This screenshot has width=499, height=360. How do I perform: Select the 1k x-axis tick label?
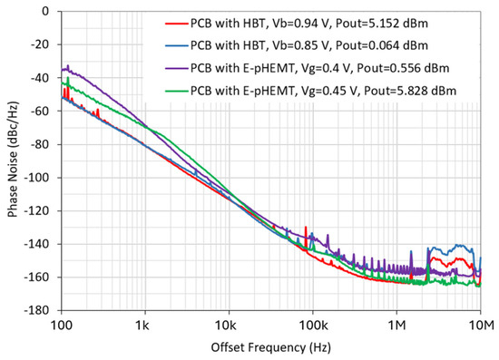tap(145, 324)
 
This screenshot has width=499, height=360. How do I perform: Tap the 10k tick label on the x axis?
tap(229, 324)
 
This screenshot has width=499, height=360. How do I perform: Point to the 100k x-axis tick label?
tap(312, 324)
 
